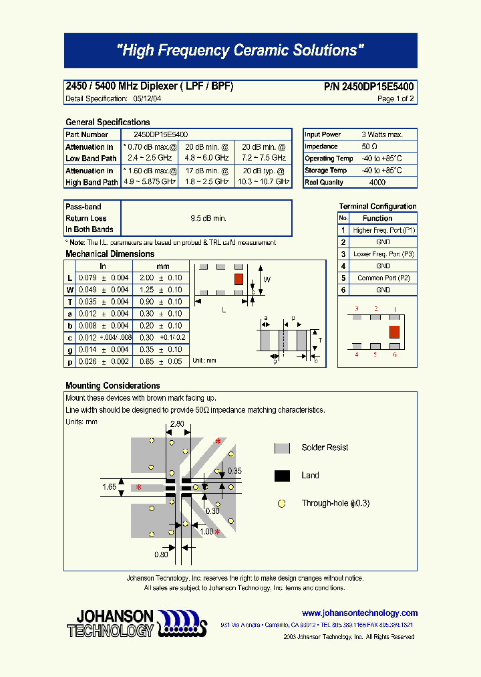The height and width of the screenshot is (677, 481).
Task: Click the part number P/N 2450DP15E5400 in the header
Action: [369, 87]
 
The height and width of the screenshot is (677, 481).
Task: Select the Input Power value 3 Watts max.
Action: [381, 134]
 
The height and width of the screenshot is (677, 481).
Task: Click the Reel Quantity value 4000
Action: [377, 182]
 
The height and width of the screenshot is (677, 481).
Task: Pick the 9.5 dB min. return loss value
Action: [208, 218]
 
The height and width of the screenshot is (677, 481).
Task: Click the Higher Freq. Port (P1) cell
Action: [383, 230]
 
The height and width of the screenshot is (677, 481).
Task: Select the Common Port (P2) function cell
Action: [383, 278]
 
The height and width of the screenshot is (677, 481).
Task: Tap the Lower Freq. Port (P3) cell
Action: [383, 254]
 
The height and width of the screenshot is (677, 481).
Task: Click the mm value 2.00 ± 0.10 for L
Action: [163, 278]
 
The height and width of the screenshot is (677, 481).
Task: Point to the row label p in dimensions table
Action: [70, 362]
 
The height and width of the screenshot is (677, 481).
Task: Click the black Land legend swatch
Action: [282, 476]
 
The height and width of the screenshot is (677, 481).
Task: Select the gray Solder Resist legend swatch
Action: [282, 448]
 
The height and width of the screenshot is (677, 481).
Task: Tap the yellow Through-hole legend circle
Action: [282, 503]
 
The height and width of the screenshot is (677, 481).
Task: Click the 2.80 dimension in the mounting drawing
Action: [177, 424]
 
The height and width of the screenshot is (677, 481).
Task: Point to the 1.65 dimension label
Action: [110, 487]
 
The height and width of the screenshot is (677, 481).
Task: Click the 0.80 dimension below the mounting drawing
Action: [161, 554]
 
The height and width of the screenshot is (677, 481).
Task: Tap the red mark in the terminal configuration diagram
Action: [394, 331]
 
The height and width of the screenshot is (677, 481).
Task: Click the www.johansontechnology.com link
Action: [359, 613]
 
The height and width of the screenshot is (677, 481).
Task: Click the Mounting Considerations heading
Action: [113, 385]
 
